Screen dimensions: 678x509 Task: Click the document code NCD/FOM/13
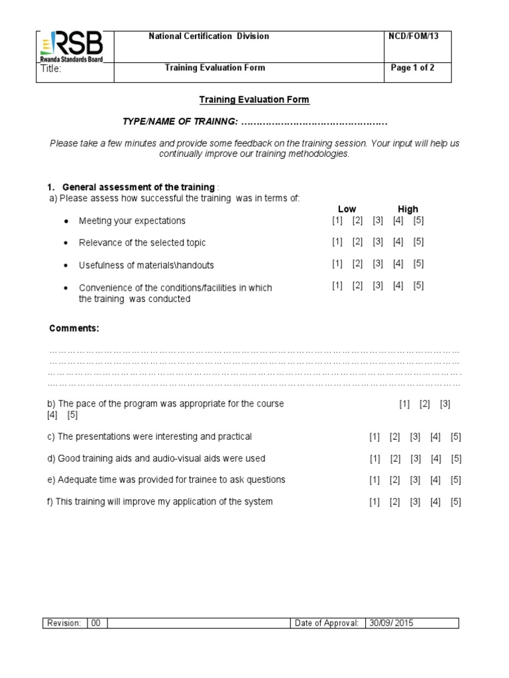[413, 36]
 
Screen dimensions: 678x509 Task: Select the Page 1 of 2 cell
[413, 68]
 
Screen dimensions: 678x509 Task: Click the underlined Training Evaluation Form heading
[254, 100]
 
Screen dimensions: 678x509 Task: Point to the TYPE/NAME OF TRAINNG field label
[180, 123]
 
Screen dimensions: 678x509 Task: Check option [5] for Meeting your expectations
[418, 220]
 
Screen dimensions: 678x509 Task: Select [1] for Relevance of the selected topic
[337, 242]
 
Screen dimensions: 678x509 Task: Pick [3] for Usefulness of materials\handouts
[378, 264]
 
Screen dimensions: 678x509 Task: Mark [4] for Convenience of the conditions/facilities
[398, 285]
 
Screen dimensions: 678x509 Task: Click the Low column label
[347, 209]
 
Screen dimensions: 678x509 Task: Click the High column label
[408, 209]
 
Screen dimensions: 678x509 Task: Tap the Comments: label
[74, 328]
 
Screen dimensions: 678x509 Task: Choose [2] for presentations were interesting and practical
[395, 437]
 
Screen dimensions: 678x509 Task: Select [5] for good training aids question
[456, 459]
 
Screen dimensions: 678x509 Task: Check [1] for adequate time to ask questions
[375, 480]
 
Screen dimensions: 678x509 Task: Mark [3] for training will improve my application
[416, 502]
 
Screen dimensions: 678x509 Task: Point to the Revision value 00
[96, 623]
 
